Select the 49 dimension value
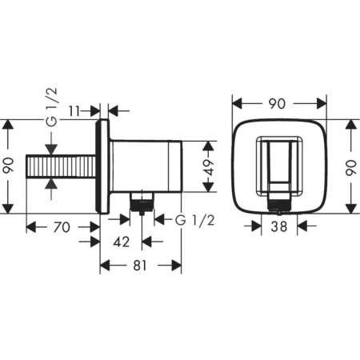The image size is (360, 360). click(x=208, y=166)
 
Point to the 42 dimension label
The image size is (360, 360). click(x=122, y=240)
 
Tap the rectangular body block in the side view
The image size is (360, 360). click(x=144, y=166)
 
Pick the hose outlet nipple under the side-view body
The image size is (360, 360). click(x=142, y=202)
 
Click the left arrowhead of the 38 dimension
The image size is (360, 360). click(x=258, y=226)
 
